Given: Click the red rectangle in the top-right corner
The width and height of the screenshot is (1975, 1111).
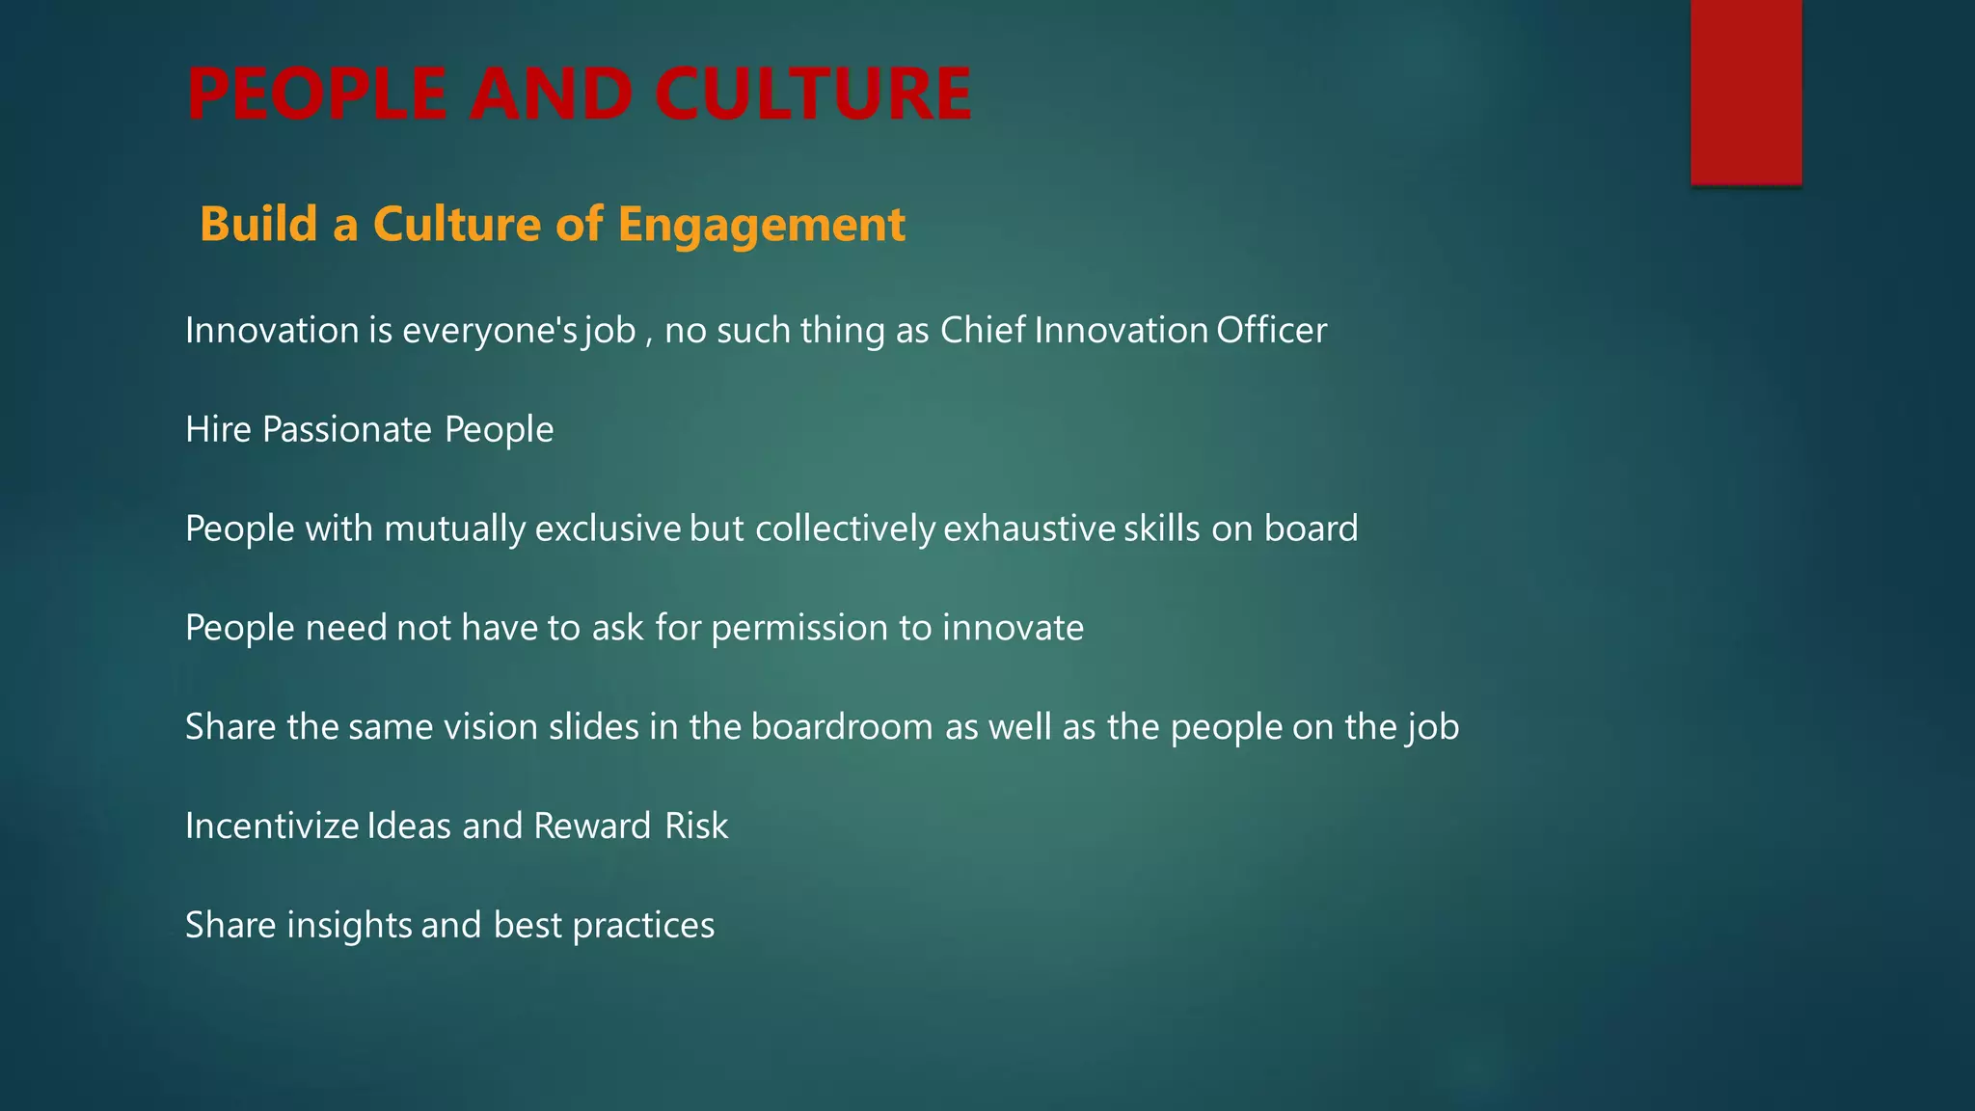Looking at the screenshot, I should point(1745,92).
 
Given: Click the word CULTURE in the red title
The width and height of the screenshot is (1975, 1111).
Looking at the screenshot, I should point(813,95).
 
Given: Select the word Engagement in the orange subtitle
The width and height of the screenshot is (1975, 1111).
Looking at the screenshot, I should point(761,225).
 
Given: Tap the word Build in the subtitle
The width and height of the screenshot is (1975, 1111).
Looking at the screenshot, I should point(258,224).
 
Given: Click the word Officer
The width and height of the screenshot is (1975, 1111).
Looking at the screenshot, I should point(1271,331).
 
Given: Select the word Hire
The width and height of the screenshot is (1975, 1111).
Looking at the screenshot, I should point(218,430).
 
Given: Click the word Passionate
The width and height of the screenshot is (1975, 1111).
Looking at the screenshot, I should point(347,430).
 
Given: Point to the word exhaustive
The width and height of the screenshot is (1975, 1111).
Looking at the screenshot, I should point(1029,529).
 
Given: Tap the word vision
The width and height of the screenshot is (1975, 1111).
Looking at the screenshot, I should point(490,727).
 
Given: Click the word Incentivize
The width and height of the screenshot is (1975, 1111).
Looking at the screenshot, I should point(272,826).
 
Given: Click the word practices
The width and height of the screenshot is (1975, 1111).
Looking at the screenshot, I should point(643,926).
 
